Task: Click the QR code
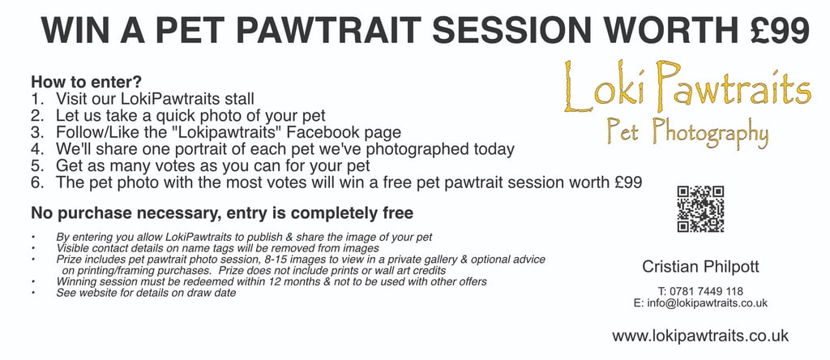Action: click(x=700, y=209)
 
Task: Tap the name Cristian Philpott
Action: click(x=700, y=267)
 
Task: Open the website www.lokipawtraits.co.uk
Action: click(x=700, y=336)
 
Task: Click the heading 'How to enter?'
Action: click(x=86, y=82)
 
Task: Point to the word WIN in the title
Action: click(x=75, y=31)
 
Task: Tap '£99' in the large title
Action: click(x=780, y=31)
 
